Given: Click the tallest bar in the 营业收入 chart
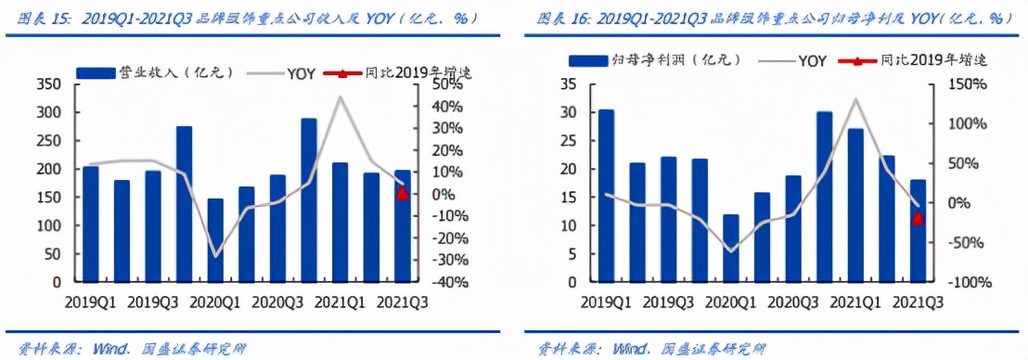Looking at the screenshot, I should [308, 199].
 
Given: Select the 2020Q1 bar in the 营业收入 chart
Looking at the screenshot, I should [215, 239].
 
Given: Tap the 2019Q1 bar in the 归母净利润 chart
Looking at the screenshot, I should [606, 195].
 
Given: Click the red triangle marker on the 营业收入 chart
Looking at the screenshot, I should [402, 193].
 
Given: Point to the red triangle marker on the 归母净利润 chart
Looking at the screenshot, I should [918, 218].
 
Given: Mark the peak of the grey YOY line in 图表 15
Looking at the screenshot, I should [341, 96].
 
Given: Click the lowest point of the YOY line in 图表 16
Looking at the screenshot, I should [731, 251].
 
